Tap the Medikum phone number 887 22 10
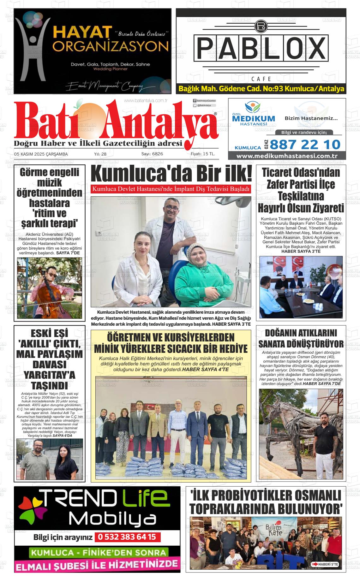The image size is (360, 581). coord(305,145)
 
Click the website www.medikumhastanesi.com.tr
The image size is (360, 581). coord(287,156)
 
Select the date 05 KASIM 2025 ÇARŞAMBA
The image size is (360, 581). coord(41,154)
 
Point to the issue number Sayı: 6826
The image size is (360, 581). coord(152,154)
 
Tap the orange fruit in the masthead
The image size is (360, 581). coord(85,114)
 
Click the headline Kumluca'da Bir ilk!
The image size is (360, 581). coord(171,174)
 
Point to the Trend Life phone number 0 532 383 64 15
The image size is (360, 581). coord(127,537)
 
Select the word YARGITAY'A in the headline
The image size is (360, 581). coord(50,375)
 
